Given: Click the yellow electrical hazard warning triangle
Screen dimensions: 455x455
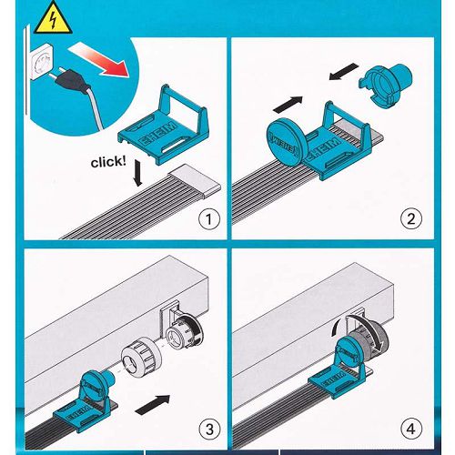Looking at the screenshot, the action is point(53,20).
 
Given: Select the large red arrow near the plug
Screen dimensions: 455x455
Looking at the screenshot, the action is point(99,59).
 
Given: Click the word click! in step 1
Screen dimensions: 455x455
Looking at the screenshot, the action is point(108,162).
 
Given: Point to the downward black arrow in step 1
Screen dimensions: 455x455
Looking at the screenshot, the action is point(137,173).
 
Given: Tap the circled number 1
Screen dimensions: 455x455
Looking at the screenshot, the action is point(209,218).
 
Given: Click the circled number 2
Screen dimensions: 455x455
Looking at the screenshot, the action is point(411,218).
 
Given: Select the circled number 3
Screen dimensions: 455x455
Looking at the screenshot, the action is point(209,429).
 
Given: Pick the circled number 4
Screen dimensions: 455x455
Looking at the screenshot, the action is point(411,429).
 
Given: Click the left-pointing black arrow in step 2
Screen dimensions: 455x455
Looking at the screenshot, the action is point(344,71).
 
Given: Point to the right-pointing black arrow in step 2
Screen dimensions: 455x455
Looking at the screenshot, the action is point(288,104).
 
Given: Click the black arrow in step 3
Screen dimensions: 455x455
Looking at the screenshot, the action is point(153,404).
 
